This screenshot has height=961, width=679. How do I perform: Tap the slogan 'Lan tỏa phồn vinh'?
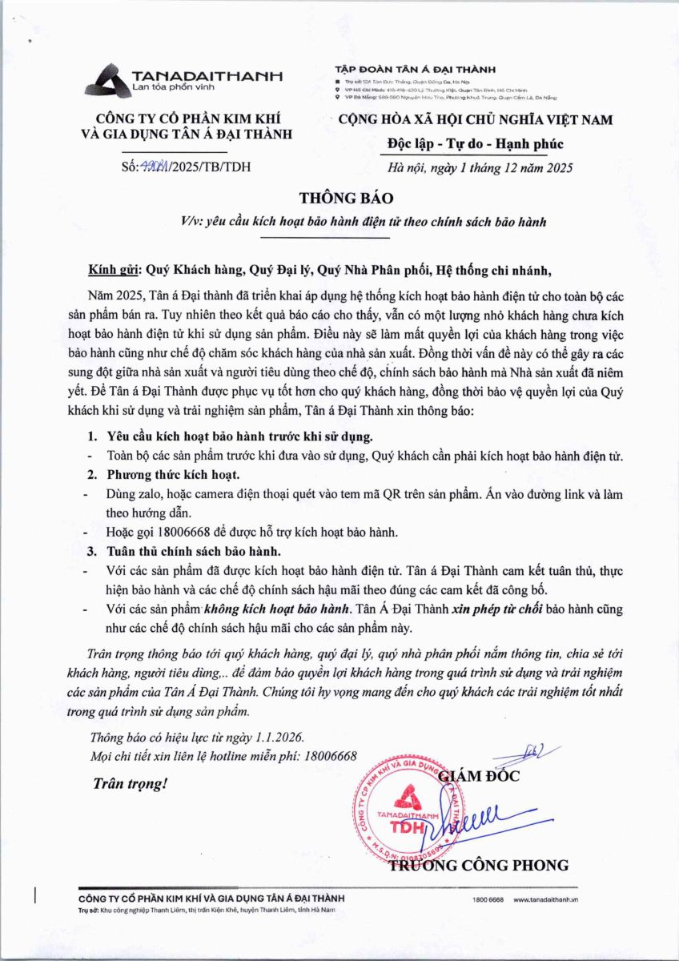click(176, 85)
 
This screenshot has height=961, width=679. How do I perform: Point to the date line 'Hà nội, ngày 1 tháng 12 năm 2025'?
click(480, 167)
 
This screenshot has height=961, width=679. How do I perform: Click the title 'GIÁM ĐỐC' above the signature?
click(480, 775)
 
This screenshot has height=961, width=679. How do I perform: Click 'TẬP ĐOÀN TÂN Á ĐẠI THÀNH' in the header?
click(416, 70)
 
